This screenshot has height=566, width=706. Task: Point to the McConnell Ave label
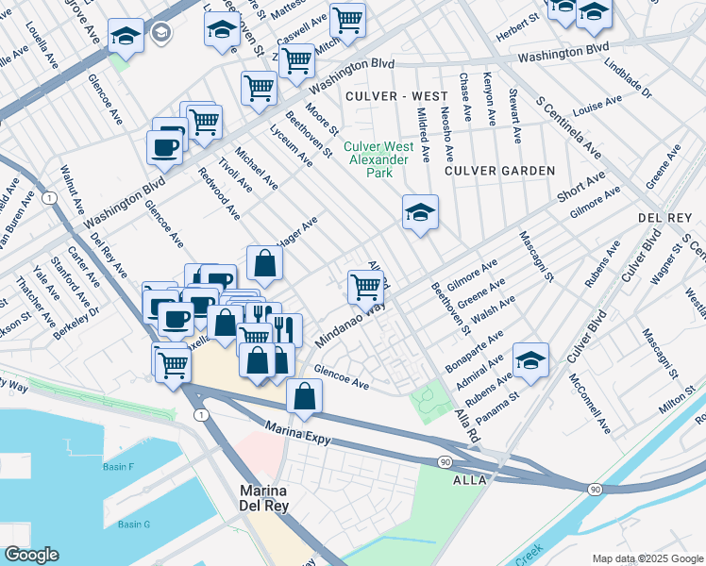click(x=591, y=404)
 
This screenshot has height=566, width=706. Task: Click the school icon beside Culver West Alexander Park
click(x=420, y=211)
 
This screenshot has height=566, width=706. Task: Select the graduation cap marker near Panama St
click(x=530, y=359)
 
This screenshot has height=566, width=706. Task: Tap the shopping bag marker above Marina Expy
click(x=304, y=397)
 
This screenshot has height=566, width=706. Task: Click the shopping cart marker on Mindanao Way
click(x=364, y=286)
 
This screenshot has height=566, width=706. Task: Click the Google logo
click(x=31, y=555)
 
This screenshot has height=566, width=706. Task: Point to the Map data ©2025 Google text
click(x=647, y=558)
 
